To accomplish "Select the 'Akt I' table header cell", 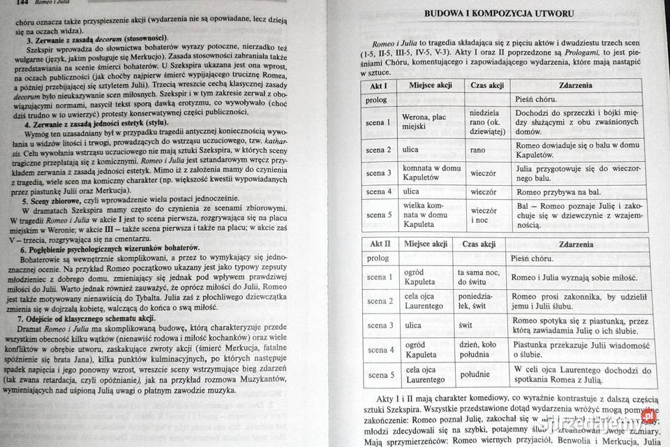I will (x=377, y=85).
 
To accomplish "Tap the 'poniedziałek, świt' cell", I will (x=477, y=301).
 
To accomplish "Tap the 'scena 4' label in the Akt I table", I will (x=379, y=191).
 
